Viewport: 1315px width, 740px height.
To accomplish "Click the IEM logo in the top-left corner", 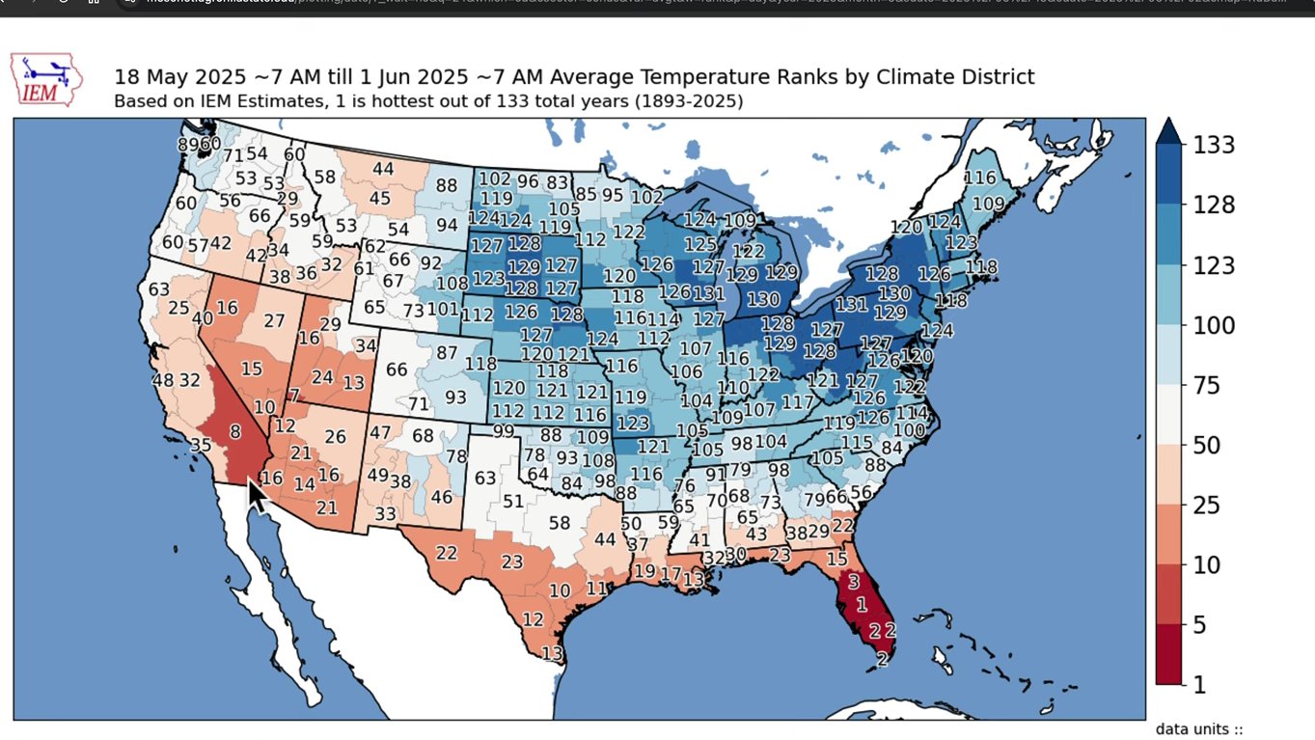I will coord(45,79).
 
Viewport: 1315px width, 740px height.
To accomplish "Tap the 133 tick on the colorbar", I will coord(1214,145).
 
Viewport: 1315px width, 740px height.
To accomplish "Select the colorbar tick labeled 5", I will coord(1200,625).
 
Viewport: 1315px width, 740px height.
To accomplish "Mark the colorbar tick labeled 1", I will coord(1200,685).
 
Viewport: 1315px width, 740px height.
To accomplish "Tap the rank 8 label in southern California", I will coord(234,431).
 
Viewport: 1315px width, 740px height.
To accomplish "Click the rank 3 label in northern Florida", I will coord(853,582).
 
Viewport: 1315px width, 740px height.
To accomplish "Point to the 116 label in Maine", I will coord(980,178).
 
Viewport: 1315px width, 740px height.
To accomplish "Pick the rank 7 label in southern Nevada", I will coord(293,396).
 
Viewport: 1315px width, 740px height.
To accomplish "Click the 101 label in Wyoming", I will coord(443,309).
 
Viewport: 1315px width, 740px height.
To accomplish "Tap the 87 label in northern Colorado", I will coord(447,353).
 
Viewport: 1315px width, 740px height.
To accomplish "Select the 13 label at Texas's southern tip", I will coord(552,654).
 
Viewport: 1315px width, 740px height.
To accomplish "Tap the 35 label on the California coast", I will coord(201,445).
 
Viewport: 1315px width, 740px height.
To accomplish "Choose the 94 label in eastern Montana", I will coord(447,225).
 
